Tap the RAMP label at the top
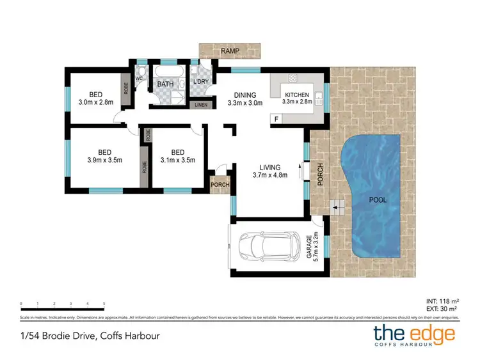pyautogui.click(x=230, y=51)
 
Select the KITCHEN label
pyautogui.click(x=298, y=95)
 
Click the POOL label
pyautogui.click(x=378, y=200)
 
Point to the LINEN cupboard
pyautogui.click(x=201, y=106)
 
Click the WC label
pyautogui.click(x=138, y=79)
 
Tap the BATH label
pyautogui.click(x=165, y=84)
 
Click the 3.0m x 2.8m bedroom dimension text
pyautogui.click(x=95, y=102)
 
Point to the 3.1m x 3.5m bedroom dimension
pyautogui.click(x=177, y=160)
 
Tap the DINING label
pyautogui.click(x=245, y=95)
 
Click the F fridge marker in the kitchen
pyautogui.click(x=276, y=119)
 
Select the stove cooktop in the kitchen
pyautogui.click(x=293, y=79)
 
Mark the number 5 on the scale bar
pyautogui.click(x=104, y=304)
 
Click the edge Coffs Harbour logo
pyautogui.click(x=414, y=335)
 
